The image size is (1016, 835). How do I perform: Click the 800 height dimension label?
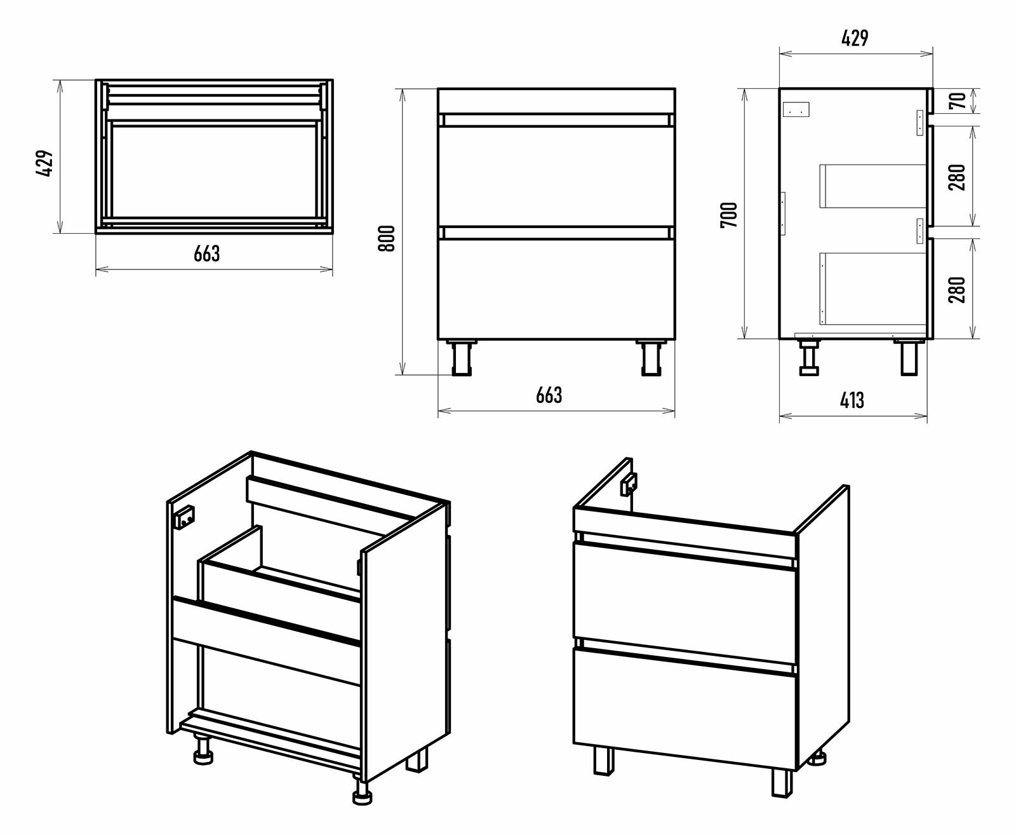coord(388,238)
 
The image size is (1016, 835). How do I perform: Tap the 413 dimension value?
coord(852,400)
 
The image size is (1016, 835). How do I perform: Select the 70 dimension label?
coord(959,100)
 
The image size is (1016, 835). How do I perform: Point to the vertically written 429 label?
coord(43,165)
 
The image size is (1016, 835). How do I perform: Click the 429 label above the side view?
coord(854,39)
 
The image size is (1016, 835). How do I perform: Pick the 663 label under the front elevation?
coord(549,395)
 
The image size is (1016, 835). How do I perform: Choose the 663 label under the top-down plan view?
coord(207,253)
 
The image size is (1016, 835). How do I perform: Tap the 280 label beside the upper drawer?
coord(959,177)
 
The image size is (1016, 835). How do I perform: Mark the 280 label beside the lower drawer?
coord(959,289)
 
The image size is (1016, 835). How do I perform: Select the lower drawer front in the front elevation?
coord(556,289)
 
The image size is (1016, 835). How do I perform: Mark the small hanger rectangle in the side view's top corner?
coord(798,110)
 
